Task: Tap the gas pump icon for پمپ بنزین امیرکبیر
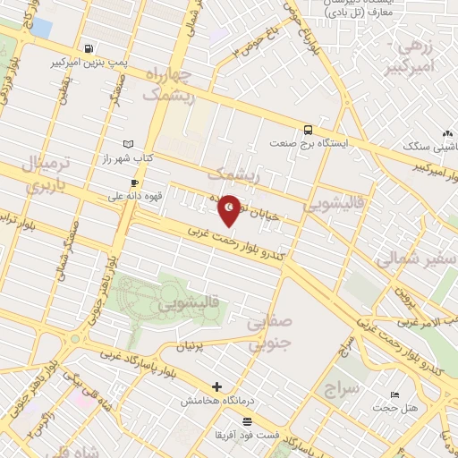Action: coord(88,48)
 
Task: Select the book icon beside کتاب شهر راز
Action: coord(128,144)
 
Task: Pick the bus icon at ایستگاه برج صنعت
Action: coord(308,129)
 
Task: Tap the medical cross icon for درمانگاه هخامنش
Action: coord(216,386)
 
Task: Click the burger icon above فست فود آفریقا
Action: coord(247,420)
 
